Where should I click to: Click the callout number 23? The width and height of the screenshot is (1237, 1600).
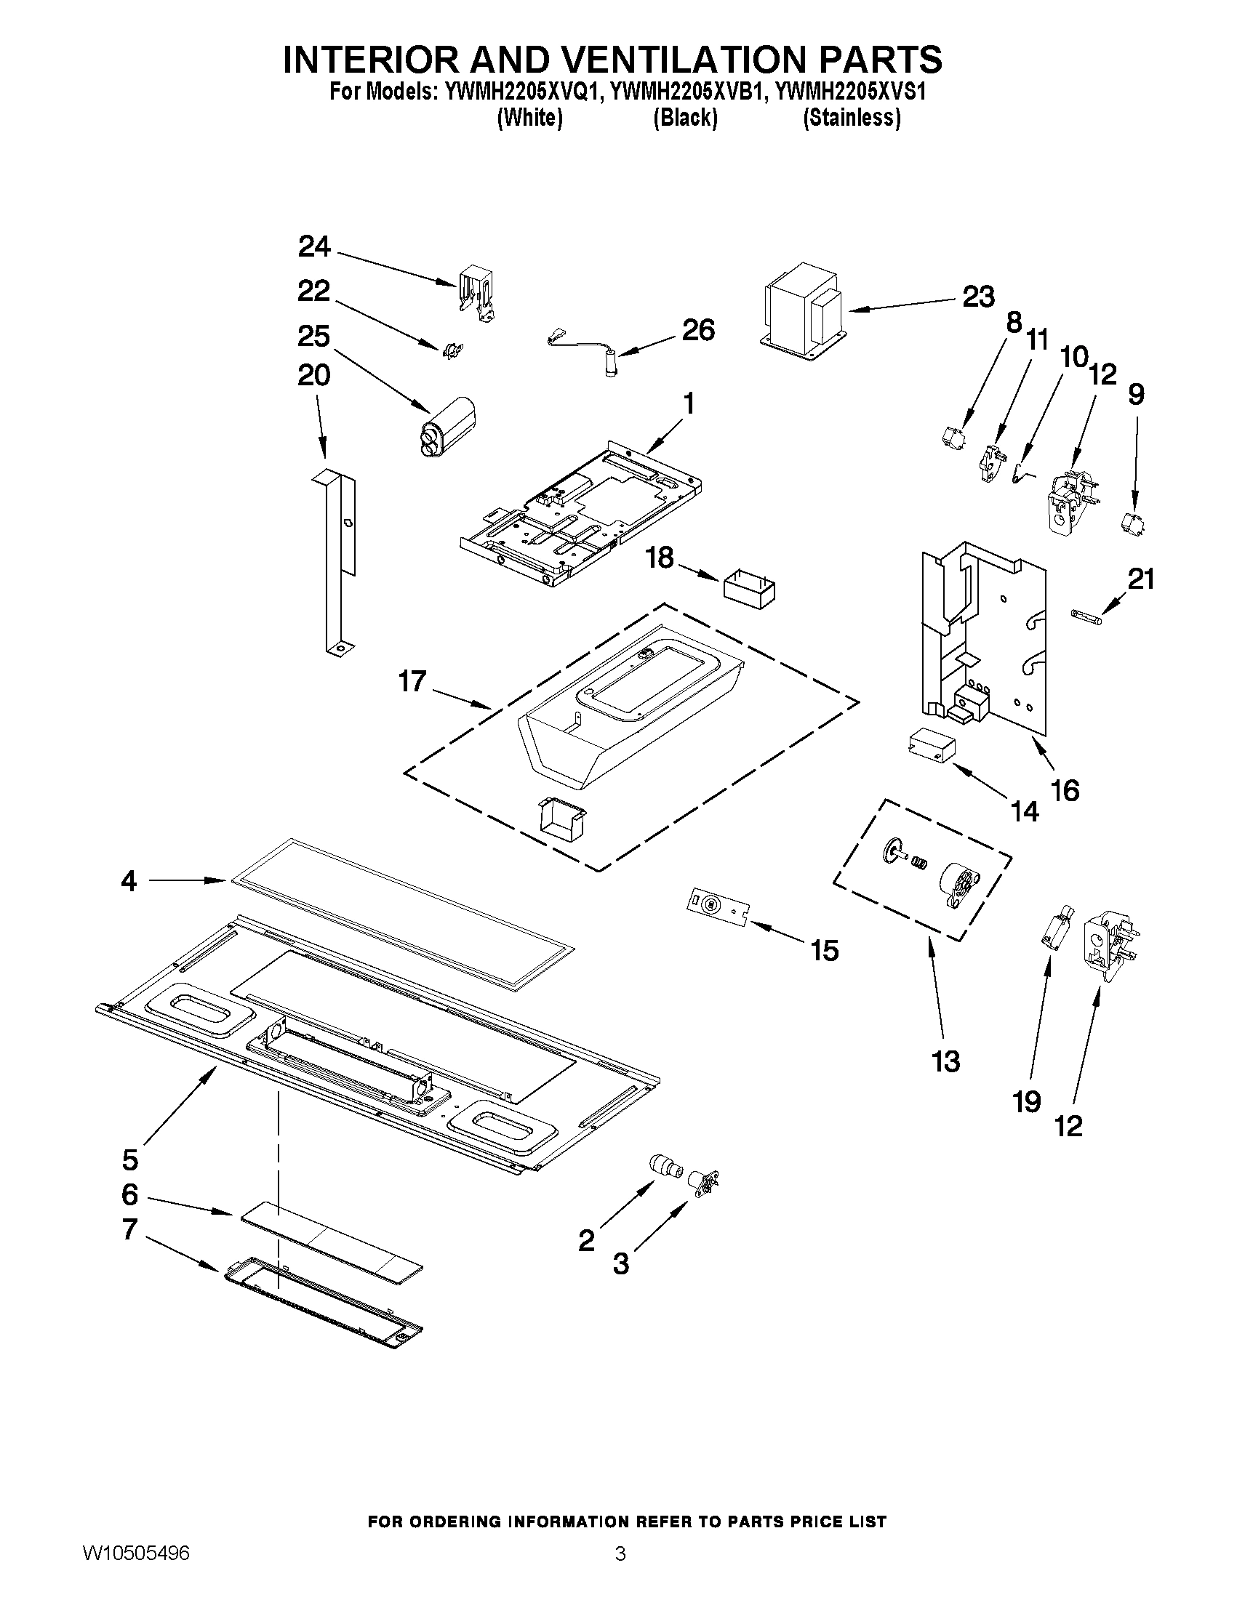pos(978,297)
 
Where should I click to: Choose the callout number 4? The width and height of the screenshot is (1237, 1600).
pos(129,880)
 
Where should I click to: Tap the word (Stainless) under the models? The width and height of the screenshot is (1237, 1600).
pos(852,117)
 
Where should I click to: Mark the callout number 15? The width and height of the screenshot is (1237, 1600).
pos(825,951)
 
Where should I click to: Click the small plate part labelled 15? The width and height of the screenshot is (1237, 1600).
pos(718,906)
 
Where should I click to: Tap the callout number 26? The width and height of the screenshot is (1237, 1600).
pos(697,331)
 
